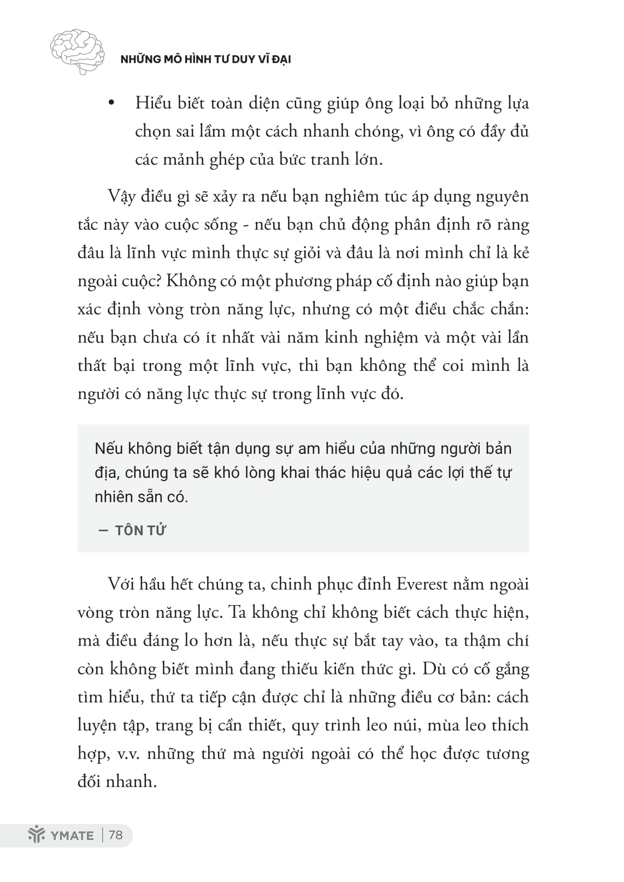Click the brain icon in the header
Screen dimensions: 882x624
77,51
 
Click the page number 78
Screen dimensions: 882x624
116,835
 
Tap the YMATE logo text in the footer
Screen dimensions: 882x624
71,836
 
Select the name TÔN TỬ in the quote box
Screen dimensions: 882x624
140,530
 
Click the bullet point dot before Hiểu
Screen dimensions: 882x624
111,103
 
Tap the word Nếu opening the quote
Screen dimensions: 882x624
109,449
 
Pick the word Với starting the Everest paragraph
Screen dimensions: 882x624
121,584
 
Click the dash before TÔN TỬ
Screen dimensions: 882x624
103,530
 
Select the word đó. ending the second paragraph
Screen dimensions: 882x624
392,393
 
